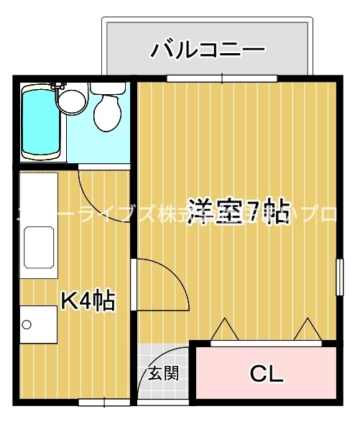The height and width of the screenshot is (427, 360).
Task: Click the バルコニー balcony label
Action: tap(208, 50)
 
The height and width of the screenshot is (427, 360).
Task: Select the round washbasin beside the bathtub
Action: tap(70, 101)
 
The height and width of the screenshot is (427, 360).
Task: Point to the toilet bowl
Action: tap(108, 111)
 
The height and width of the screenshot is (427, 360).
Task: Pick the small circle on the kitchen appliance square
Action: tap(27, 325)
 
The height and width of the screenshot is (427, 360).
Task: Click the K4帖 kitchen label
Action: tap(86, 301)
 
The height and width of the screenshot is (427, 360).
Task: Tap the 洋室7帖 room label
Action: tap(239, 211)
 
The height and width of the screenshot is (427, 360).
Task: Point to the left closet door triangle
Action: tap(225, 329)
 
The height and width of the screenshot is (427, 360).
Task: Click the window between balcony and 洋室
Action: tap(221, 77)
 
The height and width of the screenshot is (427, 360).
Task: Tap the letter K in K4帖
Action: tap(68, 301)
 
